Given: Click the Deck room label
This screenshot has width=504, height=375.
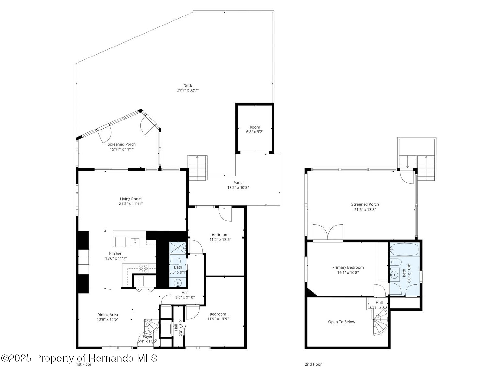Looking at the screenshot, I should (188, 86).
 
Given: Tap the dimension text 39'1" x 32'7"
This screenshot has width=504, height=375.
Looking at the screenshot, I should (188, 90).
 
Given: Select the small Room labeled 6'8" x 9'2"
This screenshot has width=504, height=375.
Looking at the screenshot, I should (255, 129).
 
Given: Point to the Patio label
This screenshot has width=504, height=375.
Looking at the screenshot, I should (238, 183).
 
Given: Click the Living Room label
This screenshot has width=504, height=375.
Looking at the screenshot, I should (131, 199).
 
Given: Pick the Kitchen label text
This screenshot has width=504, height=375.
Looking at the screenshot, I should (116, 254).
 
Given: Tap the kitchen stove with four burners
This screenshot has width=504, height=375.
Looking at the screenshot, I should (143, 268).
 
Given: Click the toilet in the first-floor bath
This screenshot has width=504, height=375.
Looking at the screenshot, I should (176, 261).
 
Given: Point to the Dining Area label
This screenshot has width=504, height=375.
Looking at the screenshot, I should (108, 315).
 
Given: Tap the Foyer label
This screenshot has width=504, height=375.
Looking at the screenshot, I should (148, 337).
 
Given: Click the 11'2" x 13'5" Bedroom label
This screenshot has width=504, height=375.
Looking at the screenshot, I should (220, 235).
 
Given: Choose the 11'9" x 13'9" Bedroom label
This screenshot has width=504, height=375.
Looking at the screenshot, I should (218, 314).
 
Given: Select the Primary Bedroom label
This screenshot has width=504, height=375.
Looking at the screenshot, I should (348, 267).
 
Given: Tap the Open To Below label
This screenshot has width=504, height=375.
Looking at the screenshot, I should (341, 322).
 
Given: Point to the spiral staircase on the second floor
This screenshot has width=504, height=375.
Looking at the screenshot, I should (381, 325).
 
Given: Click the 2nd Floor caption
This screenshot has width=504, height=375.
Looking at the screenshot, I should (313, 364).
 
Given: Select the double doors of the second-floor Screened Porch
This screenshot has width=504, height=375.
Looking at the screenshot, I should (328, 233).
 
